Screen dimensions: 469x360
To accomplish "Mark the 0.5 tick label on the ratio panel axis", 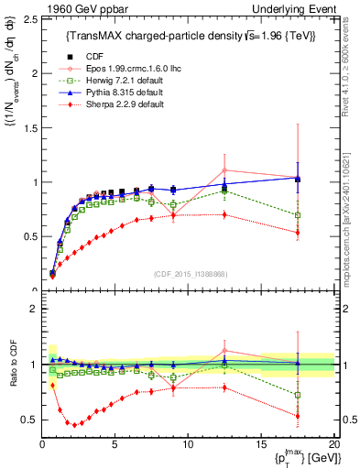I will pyautogui.click(x=28, y=420).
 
